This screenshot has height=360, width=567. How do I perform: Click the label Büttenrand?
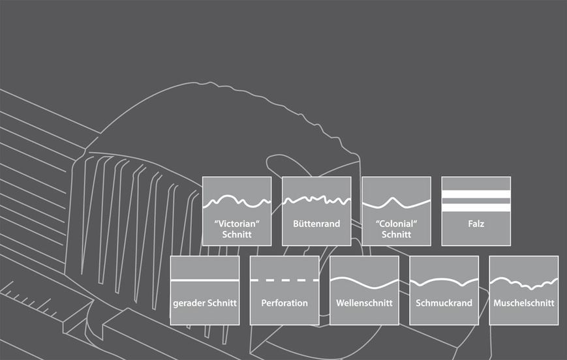[x=316, y=224]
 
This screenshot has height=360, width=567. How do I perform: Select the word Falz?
[x=476, y=224]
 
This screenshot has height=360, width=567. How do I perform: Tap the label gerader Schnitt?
[x=205, y=303]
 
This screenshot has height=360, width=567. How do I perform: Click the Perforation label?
[x=284, y=303]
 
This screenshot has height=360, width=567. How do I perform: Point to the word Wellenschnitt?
[x=364, y=303]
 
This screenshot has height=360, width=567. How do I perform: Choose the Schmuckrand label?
[x=444, y=303]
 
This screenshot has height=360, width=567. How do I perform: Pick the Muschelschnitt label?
[x=523, y=303]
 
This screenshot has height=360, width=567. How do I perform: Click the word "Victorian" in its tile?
[x=237, y=224]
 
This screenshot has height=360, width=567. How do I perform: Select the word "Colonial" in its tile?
[x=396, y=224]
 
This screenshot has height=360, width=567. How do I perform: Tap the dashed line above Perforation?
[x=284, y=280]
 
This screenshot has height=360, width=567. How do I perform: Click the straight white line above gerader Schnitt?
[x=205, y=280]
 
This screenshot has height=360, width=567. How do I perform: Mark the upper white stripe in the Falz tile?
[x=476, y=194]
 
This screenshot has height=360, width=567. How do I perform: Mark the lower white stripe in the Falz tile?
[x=476, y=207]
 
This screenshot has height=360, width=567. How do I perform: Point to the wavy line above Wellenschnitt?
[x=364, y=283]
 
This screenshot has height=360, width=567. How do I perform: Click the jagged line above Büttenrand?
[x=316, y=200]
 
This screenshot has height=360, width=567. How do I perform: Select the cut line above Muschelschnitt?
[x=523, y=284]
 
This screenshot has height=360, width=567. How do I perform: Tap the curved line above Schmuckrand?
[x=444, y=281]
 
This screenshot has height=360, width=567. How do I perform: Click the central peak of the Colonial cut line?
[x=393, y=198]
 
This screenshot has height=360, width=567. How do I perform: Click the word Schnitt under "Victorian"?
[x=237, y=235]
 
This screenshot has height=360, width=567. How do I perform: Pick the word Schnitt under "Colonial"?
[x=396, y=235]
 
